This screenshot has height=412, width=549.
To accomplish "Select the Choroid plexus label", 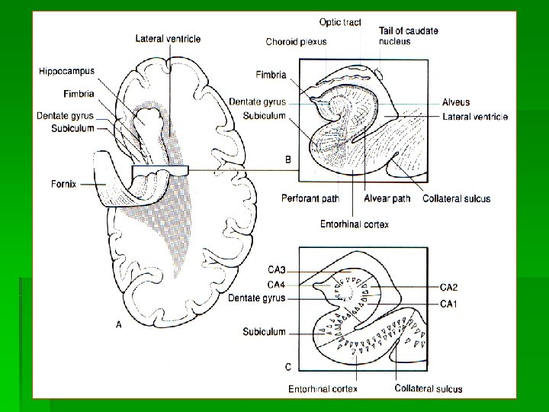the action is tap(296, 42).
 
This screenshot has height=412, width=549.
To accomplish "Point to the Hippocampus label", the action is tap(67, 71).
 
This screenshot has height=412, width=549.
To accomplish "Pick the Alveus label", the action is tap(456, 102).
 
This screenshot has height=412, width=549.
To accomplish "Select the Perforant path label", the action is tap(310, 199).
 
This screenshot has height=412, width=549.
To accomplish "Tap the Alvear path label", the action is tap(387, 199).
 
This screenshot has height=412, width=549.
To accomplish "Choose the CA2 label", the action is tap(448, 287).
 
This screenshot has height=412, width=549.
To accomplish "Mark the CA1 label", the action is tap(448, 304).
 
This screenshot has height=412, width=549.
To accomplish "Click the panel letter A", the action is tap(118, 325).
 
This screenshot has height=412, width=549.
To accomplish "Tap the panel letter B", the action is tap(287, 159).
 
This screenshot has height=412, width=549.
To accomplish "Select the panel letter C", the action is tap(287, 367).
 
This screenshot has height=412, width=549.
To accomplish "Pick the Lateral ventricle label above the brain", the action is tap(169, 38).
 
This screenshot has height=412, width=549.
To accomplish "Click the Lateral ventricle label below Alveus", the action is tap(474, 117).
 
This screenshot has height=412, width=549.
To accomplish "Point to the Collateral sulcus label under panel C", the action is tap(428, 388).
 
